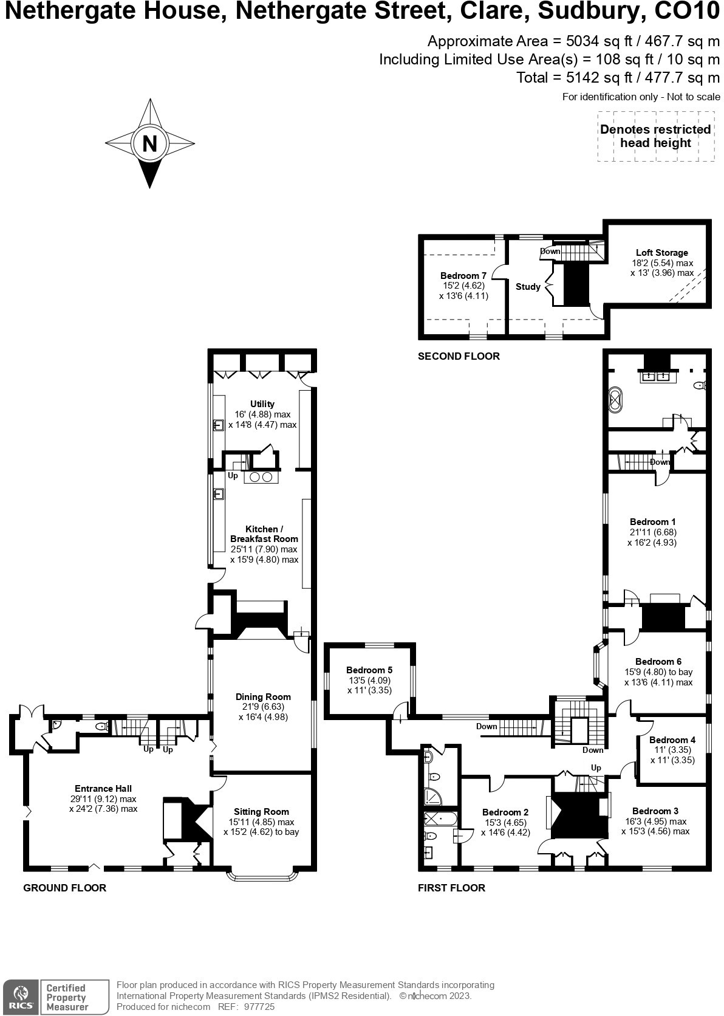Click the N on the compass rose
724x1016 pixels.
click(149, 143)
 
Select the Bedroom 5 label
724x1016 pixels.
click(369, 670)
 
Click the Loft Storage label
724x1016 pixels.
click(662, 253)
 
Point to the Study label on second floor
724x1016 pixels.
click(528, 287)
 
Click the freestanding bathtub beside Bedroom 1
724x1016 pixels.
click(616, 401)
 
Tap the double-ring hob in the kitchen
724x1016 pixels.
click(261, 478)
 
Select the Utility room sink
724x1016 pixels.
click(219, 425)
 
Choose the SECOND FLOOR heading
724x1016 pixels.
click(459, 356)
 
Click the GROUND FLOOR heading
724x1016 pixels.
click(64, 888)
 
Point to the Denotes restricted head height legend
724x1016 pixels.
click(655, 136)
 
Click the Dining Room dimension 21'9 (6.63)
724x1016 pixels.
click(263, 707)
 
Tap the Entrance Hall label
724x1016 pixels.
click(103, 789)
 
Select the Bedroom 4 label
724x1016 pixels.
click(672, 740)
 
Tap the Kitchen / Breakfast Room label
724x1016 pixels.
click(264, 534)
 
